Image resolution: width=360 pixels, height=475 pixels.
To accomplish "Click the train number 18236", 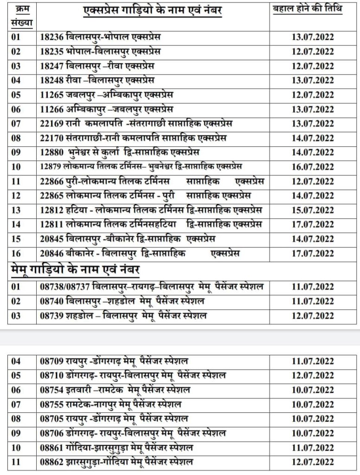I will click(x=52, y=37).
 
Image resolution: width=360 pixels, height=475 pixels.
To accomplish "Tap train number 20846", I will click(x=52, y=253).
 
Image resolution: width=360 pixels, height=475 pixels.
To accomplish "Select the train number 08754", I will click(x=52, y=390).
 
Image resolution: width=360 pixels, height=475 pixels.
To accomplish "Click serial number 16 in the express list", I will click(x=16, y=253).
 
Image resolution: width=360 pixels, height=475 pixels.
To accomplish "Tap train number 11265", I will click(x=52, y=95).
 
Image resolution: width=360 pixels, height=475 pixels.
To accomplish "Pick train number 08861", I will click(x=52, y=448).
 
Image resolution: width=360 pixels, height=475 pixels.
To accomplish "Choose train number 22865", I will click(x=52, y=195).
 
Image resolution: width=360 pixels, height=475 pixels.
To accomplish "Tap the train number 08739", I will click(x=52, y=316).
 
